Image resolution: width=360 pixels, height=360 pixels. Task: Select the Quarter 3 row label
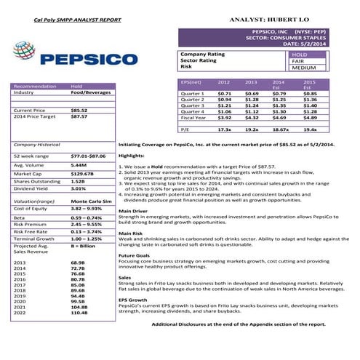coord(193,105)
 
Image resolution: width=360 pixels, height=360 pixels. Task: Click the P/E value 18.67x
coord(280,129)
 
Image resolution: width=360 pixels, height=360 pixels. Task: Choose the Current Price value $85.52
coord(79,110)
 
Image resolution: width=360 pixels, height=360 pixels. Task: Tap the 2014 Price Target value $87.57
coord(79,116)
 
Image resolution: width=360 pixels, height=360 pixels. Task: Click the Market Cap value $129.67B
coord(82,174)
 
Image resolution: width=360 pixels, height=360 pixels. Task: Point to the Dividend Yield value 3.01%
coord(78,188)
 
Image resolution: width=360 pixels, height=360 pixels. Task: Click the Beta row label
coord(20,217)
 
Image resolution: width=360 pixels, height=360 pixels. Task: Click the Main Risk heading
coord(132,233)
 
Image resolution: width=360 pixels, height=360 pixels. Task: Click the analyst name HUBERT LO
coord(294,15)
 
